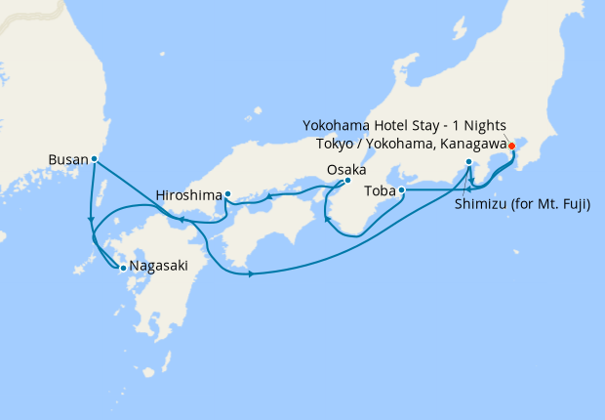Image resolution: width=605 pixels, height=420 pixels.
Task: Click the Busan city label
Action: coord(67,157)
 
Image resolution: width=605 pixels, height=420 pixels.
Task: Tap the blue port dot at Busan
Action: coord(95,158)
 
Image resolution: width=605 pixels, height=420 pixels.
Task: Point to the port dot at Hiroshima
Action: coord(227,193)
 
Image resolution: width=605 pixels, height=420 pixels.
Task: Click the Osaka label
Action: coord(346,169)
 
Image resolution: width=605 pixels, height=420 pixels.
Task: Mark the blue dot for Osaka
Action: coord(347,181)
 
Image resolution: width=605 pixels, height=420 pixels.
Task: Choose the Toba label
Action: coord(380,190)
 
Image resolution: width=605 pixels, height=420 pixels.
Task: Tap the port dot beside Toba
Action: coord(402,191)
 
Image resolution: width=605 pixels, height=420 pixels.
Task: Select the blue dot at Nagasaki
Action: coord(122,267)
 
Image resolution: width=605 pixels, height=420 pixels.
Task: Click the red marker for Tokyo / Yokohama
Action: coord(510,146)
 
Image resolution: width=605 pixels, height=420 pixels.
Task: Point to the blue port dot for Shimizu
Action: coord(469,162)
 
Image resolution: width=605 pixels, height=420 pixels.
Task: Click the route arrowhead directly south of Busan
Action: coord(91,218)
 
